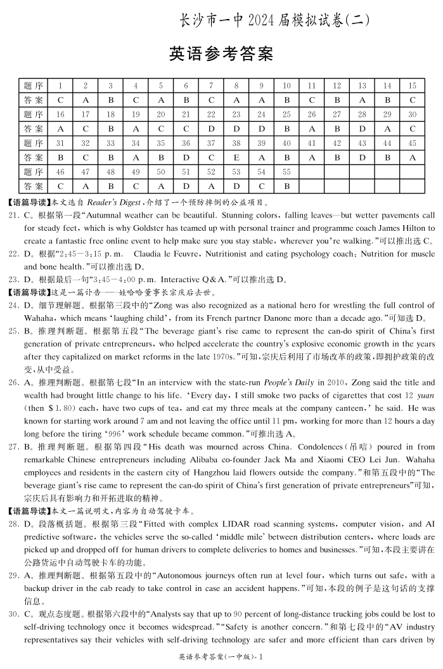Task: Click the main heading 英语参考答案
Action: pos(221,54)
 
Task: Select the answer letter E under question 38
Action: pos(236,157)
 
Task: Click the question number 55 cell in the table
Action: pos(286,172)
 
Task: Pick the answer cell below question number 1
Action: pos(60,100)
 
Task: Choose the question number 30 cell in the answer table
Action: pos(412,114)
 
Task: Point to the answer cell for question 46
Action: pos(60,186)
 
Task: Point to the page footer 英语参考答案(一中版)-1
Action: pos(221,657)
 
